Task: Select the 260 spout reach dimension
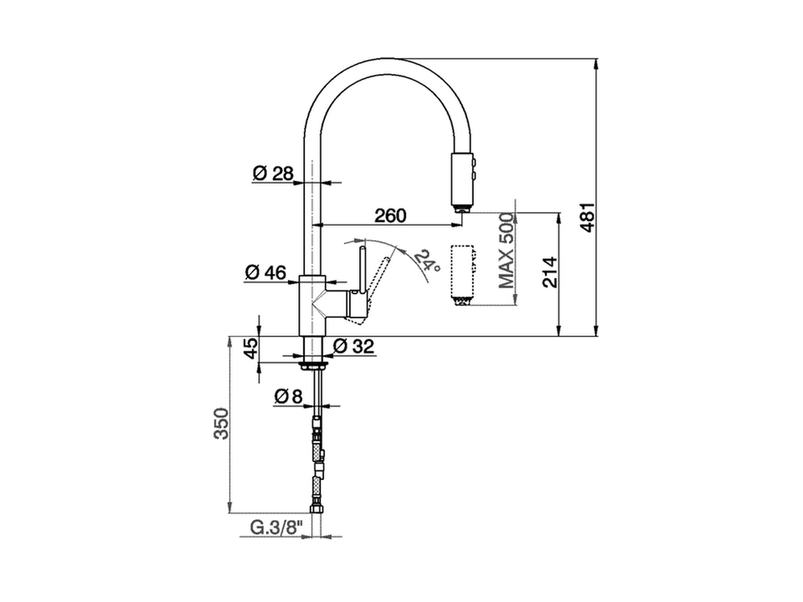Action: pyautogui.click(x=390, y=216)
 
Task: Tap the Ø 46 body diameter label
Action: pyautogui.click(x=265, y=273)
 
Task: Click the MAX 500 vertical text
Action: pyautogui.click(x=506, y=250)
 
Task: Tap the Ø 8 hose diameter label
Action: pyautogui.click(x=289, y=396)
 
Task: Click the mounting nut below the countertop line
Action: pyautogui.click(x=313, y=364)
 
